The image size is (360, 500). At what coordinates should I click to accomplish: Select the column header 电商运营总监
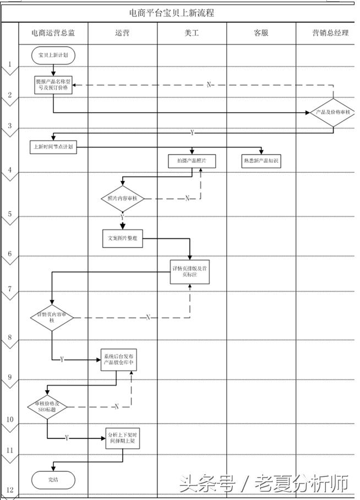53,33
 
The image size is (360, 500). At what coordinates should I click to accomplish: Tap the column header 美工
192,33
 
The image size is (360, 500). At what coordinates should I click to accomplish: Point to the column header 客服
261,33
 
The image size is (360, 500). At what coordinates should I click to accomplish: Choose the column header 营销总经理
330,33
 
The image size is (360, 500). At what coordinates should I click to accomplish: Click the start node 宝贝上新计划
53,56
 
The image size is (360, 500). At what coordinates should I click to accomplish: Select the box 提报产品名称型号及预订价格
53,85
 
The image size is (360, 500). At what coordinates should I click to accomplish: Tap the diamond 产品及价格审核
333,113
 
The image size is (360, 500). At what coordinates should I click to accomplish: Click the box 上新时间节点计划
53,147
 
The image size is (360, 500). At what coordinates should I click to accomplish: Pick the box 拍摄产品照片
192,161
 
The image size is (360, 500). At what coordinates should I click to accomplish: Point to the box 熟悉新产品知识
261,161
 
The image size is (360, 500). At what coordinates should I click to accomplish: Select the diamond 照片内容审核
122,199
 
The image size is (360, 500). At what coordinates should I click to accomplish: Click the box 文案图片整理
122,238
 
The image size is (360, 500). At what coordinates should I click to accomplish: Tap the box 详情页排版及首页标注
190,272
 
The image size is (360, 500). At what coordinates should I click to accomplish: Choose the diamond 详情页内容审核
52,317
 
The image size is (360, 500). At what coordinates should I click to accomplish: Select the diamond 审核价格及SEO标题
47,408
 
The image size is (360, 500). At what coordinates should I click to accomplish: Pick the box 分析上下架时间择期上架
123,438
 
